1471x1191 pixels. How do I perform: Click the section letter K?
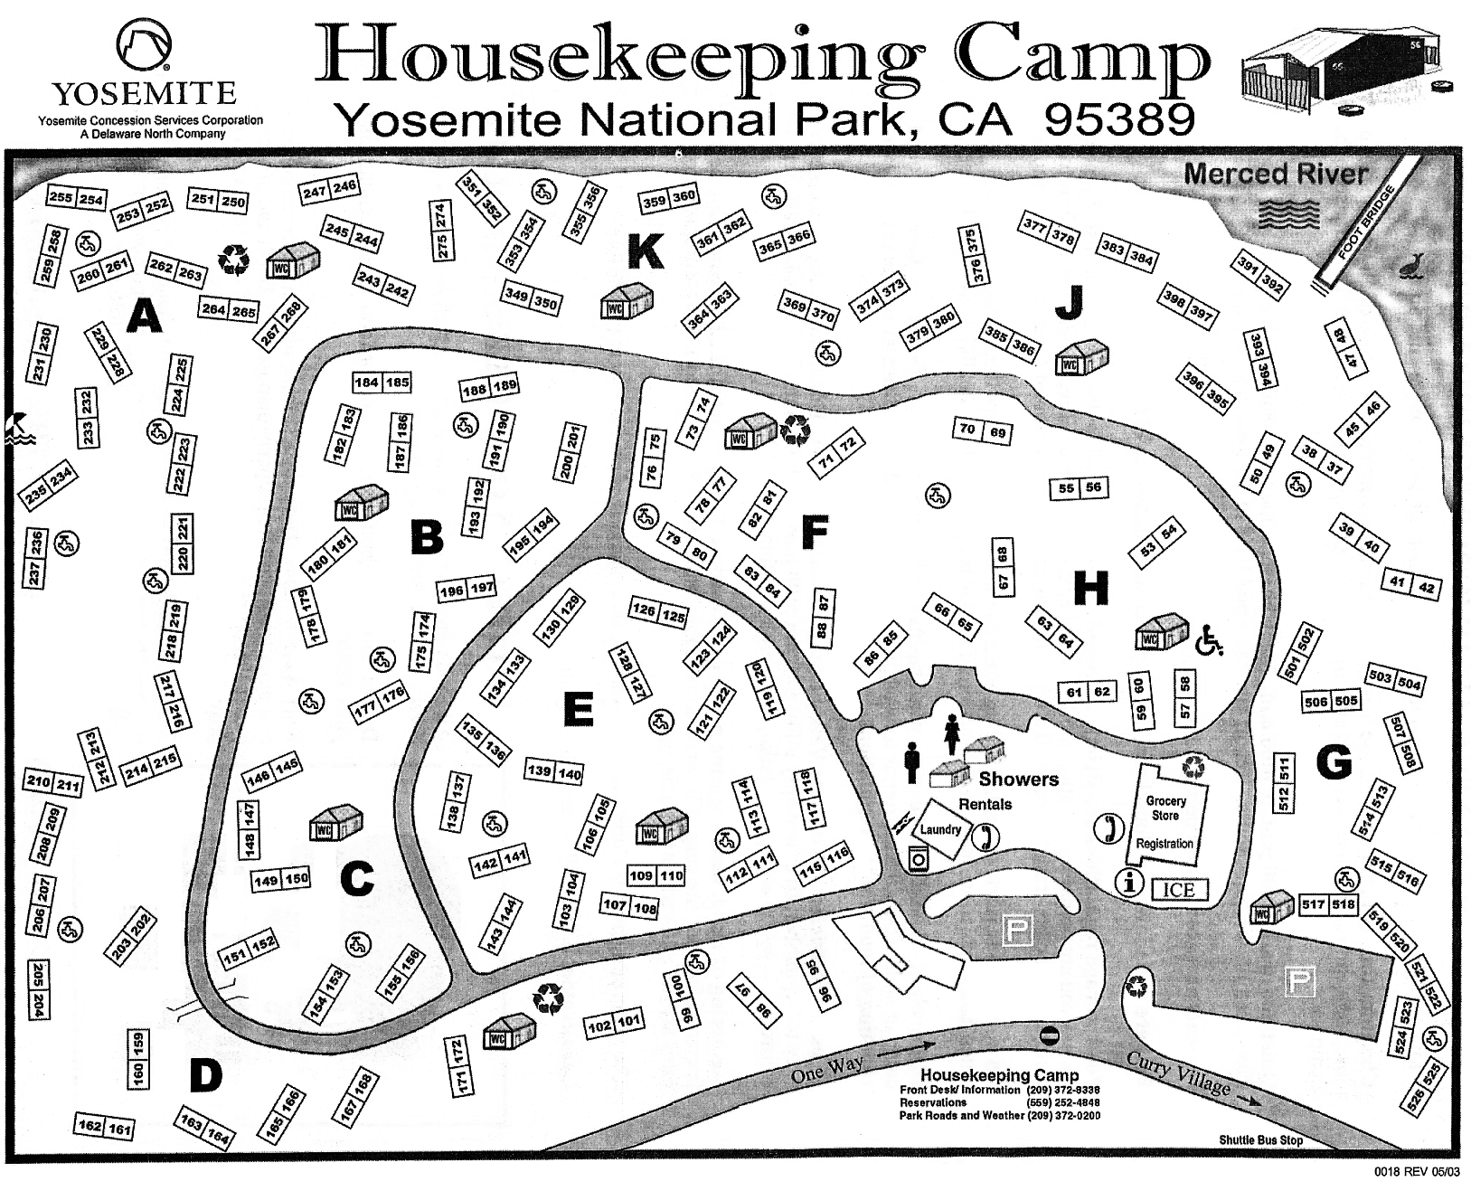(646, 252)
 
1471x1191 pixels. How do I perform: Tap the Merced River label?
(1276, 174)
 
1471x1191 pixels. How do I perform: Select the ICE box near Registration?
(1178, 890)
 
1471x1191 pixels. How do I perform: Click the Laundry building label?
(940, 829)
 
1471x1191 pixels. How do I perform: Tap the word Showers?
(1018, 779)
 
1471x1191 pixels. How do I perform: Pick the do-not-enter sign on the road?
(1049, 1034)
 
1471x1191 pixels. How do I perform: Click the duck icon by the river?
(1410, 266)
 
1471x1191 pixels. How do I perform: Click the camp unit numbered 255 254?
(77, 199)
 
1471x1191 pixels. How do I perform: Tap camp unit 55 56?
(1080, 488)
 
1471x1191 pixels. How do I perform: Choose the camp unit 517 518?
(1328, 903)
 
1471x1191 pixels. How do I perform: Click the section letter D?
(206, 1075)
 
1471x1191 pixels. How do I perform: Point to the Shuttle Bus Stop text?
(1260, 1140)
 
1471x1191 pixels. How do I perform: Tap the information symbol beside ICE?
(1127, 881)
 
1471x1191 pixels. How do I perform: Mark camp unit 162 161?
(104, 1127)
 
